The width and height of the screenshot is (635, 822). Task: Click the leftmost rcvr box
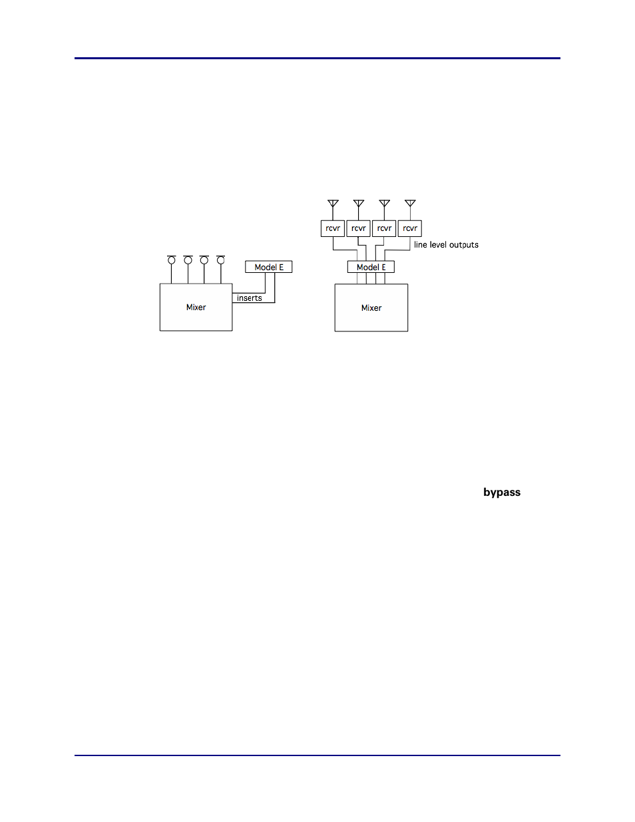tap(332, 228)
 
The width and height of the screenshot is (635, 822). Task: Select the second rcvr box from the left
tap(358, 228)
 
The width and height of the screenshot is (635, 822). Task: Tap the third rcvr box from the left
tap(384, 228)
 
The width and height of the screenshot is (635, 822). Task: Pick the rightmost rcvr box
tap(410, 228)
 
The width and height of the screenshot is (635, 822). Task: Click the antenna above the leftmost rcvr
tap(333, 204)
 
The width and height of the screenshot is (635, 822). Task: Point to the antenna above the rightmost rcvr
tap(410, 204)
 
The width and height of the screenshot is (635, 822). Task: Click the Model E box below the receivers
tap(371, 267)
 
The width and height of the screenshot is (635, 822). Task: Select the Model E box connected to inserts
tap(269, 267)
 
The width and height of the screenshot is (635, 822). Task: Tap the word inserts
tap(250, 298)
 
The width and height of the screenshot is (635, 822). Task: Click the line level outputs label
tap(446, 245)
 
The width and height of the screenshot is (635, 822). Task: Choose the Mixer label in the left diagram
tap(196, 308)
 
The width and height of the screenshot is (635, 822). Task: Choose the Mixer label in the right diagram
tap(371, 308)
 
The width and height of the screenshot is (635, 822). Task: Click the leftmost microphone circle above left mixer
tap(172, 260)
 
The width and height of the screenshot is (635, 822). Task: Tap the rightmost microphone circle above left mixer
tap(220, 260)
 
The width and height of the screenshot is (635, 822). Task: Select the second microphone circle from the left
tap(188, 260)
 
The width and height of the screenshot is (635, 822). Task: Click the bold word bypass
tap(502, 493)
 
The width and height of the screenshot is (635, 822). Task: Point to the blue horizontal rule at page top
tap(317, 59)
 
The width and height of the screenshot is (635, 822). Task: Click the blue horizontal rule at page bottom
tap(317, 755)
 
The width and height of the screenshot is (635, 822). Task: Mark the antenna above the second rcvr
tap(359, 204)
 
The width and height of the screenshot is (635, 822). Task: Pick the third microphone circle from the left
tap(204, 260)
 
